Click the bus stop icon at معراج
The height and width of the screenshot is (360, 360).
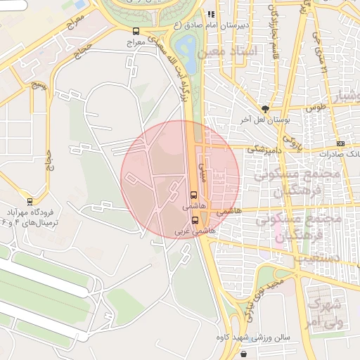[x=136, y=31]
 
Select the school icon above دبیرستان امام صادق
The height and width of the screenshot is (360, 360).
[x=210, y=13]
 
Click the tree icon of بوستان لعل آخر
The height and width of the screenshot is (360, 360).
[x=265, y=108]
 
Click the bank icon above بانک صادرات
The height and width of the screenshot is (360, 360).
[x=341, y=143]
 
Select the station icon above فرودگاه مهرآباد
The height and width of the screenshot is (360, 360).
[x=29, y=201]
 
